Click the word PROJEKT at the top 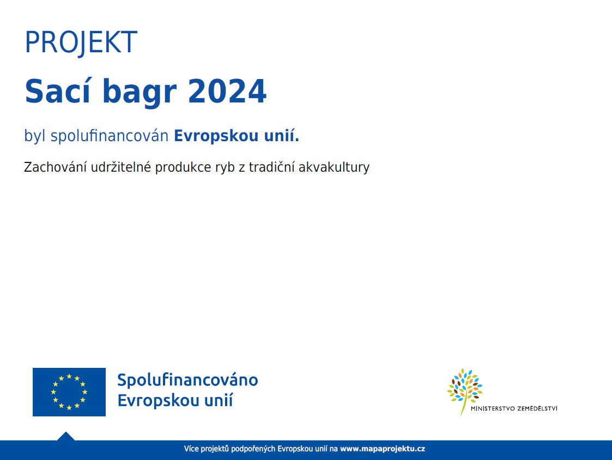(81, 42)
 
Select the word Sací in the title (58, 91)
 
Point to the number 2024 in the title (227, 92)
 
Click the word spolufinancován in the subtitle (110, 136)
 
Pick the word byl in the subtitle (35, 136)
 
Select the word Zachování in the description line (55, 167)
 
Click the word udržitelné (120, 167)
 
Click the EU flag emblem (69, 392)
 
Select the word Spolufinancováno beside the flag (187, 380)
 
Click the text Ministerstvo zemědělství (514, 409)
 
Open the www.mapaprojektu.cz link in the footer (383, 449)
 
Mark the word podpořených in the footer (253, 449)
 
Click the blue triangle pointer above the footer (65, 437)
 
